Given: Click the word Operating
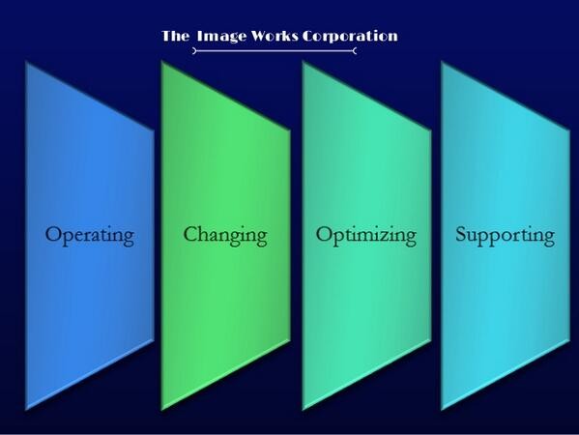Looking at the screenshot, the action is [89, 236].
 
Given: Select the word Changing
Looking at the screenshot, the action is [225, 236].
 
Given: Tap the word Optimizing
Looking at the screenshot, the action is [366, 236].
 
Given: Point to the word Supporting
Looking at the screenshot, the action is [505, 236].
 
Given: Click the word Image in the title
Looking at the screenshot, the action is [221, 37].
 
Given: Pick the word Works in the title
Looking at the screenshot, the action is [275, 36].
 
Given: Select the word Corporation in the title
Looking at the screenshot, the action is [350, 36].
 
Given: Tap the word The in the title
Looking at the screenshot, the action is [175, 36].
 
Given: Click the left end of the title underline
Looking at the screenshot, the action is [193, 51].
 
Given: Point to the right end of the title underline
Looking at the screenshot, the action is [356, 51].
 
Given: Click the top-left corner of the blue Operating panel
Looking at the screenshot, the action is [26, 62].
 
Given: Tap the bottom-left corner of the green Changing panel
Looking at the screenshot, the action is [162, 410].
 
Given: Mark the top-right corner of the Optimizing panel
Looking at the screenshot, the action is [430, 130].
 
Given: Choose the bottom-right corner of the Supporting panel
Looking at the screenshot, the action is [569, 340].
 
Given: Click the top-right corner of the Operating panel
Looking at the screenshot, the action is [154, 130].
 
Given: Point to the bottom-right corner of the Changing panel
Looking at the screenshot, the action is [290, 339].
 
